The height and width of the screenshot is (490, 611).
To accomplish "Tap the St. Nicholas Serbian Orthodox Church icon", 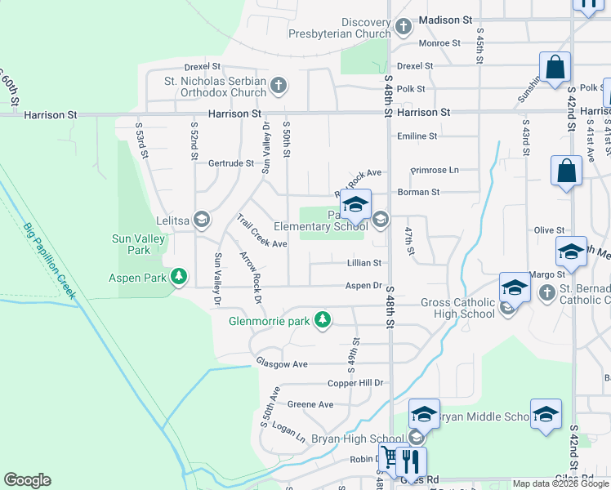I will pos(279,85).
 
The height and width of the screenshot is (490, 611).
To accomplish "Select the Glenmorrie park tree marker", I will pos(323,319).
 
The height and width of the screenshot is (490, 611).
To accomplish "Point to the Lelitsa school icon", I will pos(201,220).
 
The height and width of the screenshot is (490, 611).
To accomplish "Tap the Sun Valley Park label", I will pos(136,245).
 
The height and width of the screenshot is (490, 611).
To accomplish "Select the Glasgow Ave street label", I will pos(281,363).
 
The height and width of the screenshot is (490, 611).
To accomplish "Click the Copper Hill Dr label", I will pos(355,382).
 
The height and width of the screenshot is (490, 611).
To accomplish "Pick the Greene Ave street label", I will pos(310,404).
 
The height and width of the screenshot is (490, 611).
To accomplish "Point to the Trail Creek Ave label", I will pos(261,231).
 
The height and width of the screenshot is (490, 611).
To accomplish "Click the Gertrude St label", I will pos(231,163).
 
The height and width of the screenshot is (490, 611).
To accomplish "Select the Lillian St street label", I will pos(364,263).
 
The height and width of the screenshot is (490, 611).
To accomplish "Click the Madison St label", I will pos(445,19).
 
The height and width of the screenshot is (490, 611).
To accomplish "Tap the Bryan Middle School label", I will pos(484,416).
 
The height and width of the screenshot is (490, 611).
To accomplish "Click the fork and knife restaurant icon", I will pos(411,461).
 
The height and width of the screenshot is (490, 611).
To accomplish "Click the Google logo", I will pos(27,480).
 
